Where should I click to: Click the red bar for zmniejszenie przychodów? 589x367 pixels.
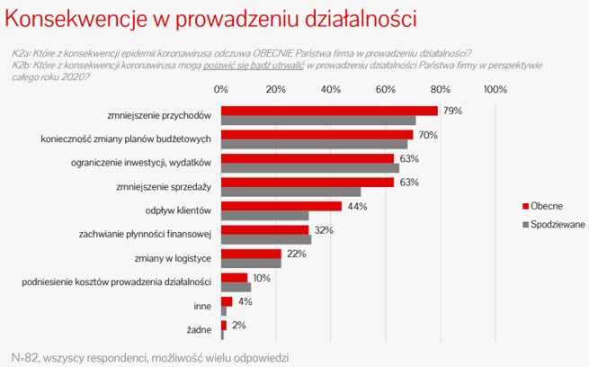coord(329,111)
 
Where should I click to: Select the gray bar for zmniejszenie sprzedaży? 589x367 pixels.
coord(290,192)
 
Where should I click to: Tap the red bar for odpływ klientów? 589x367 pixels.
coord(281,206)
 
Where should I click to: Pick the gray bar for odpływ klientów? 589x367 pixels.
coord(264,216)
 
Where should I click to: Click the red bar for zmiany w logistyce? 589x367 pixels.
coord(251,254)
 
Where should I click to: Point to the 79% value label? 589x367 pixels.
coord(452,111)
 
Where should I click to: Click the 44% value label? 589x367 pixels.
coord(356,206)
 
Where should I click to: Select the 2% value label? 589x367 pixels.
coord(238,325)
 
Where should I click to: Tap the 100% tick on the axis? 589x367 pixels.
coord(495,89)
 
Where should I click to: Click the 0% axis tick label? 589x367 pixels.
coord(221,89)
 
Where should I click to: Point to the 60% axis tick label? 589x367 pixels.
coord(386,89)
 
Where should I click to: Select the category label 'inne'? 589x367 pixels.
coord(202,306)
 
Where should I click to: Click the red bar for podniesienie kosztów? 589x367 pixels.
coord(234,277)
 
